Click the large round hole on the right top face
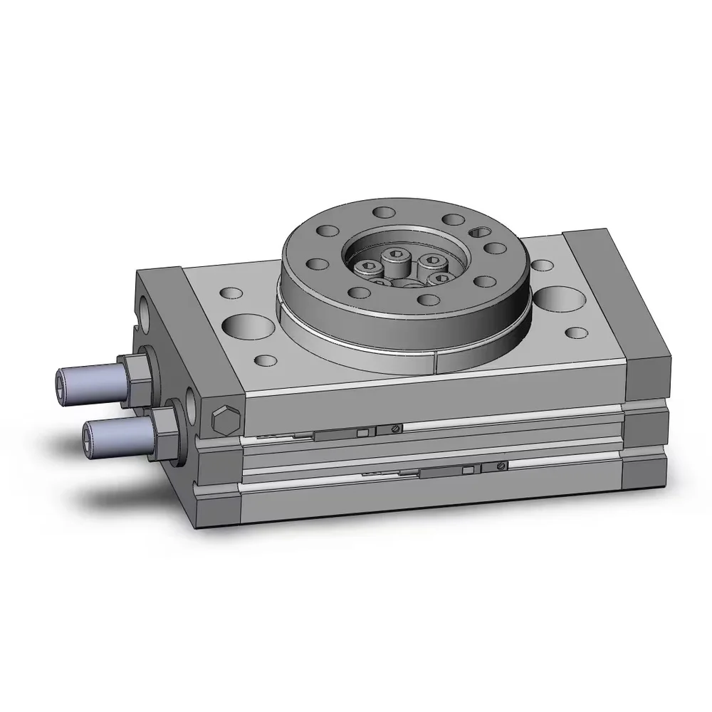559,299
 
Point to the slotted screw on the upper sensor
394,428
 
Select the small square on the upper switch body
362,433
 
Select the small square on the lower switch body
467,471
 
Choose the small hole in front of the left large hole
265,360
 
